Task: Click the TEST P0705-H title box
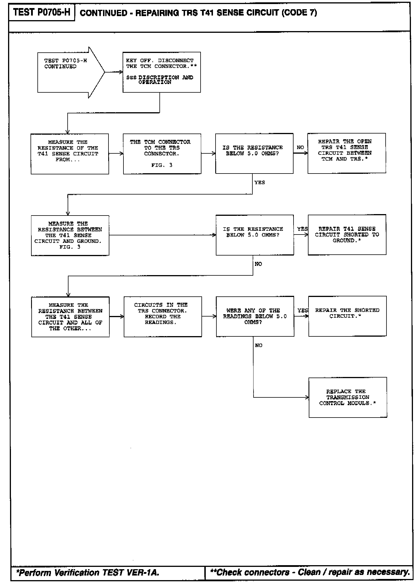42,12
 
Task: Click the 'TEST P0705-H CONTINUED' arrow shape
68,72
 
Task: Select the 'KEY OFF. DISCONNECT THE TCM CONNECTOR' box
161,72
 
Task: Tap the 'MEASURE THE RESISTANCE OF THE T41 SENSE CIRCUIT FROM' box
70,154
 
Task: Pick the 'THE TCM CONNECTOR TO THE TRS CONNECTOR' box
162,154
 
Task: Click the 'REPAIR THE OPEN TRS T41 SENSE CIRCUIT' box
346,153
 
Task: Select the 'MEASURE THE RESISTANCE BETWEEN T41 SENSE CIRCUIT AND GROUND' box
70,235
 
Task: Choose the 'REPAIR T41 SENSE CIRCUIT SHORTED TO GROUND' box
347,235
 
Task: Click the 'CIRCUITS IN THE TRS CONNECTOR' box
163,317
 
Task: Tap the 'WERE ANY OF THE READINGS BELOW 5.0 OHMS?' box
255,316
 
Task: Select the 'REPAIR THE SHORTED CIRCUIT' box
347,316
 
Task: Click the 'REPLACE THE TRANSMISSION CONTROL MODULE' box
348,397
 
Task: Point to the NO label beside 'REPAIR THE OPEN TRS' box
300,147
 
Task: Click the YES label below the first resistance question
260,182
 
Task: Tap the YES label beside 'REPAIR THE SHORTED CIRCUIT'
302,310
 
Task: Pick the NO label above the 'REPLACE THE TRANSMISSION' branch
258,345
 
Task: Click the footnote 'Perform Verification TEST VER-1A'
88,573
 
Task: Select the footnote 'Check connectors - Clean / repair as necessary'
310,572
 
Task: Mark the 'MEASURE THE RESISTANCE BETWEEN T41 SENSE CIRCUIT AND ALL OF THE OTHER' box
70,317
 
